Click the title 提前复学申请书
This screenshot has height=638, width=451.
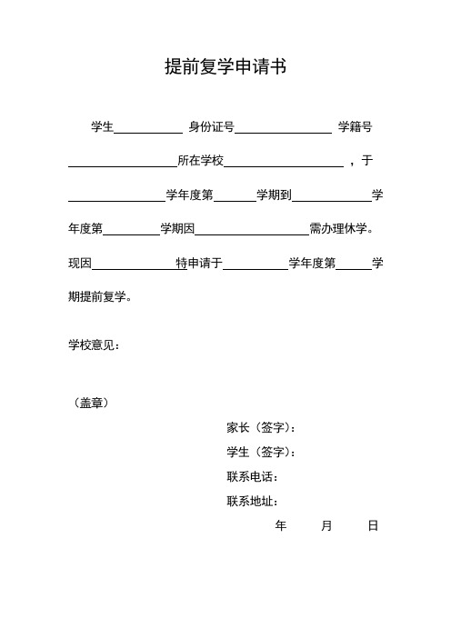225,66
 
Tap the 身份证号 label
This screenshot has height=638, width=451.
211,127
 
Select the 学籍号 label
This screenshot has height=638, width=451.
355,127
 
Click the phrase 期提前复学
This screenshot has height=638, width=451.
100,296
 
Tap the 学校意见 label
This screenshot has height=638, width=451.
94,345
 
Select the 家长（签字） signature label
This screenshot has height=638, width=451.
264,428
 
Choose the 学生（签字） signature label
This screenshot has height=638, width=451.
264,453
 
